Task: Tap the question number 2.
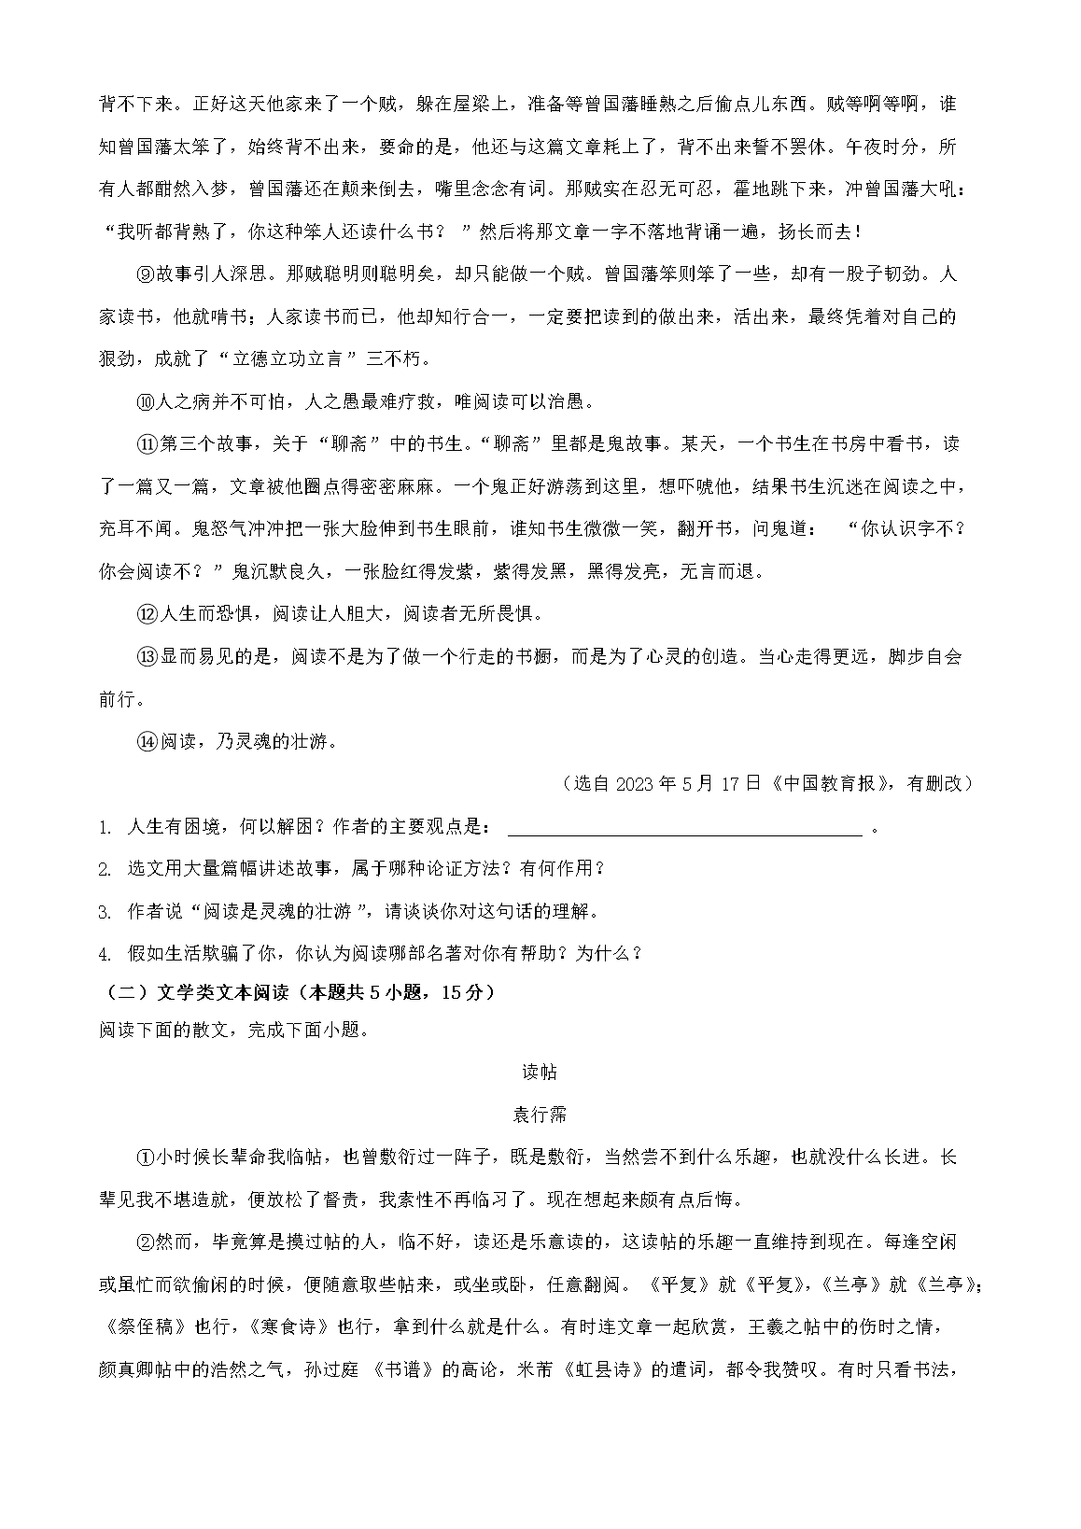104,870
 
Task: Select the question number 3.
104,912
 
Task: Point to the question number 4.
104,954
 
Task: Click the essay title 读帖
540,1073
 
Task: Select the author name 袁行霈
540,1115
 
